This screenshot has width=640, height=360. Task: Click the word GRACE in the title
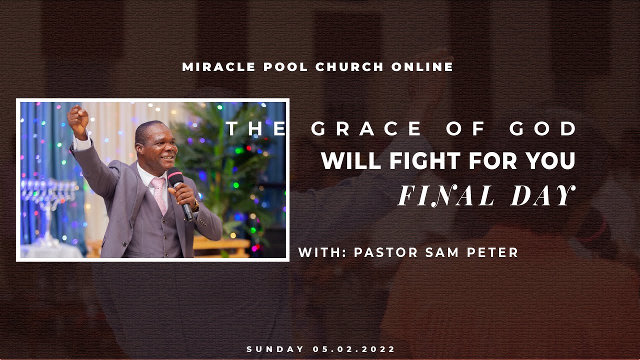[366, 129]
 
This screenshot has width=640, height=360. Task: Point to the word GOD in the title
[544, 129]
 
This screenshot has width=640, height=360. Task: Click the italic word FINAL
[446, 195]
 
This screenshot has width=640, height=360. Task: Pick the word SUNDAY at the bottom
[275, 349]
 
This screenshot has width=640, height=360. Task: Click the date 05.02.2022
[354, 349]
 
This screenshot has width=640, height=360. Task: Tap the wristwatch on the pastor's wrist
[195, 205]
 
